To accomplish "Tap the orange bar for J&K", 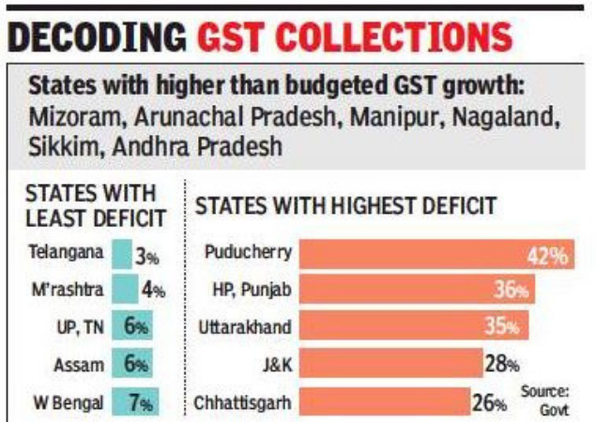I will pyautogui.click(x=390, y=365).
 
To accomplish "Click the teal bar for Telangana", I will pyautogui.click(x=122, y=254).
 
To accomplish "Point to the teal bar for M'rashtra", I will pyautogui.click(x=123, y=291).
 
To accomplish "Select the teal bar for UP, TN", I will pyautogui.click(x=131, y=328).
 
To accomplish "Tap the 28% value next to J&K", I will pyautogui.click(x=501, y=365).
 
